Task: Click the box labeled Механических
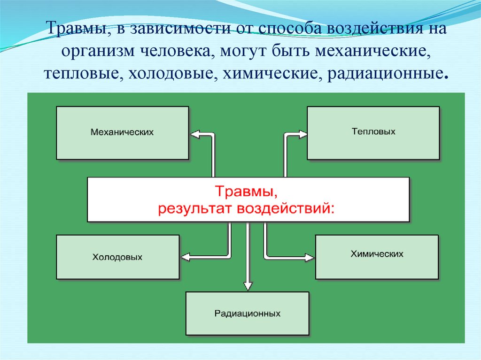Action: [122, 133]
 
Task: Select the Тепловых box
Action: [373, 132]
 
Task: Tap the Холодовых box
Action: [117, 257]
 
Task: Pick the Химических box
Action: [377, 257]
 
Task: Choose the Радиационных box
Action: [248, 313]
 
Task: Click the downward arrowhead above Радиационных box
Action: [248, 285]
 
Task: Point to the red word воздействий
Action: [286, 208]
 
